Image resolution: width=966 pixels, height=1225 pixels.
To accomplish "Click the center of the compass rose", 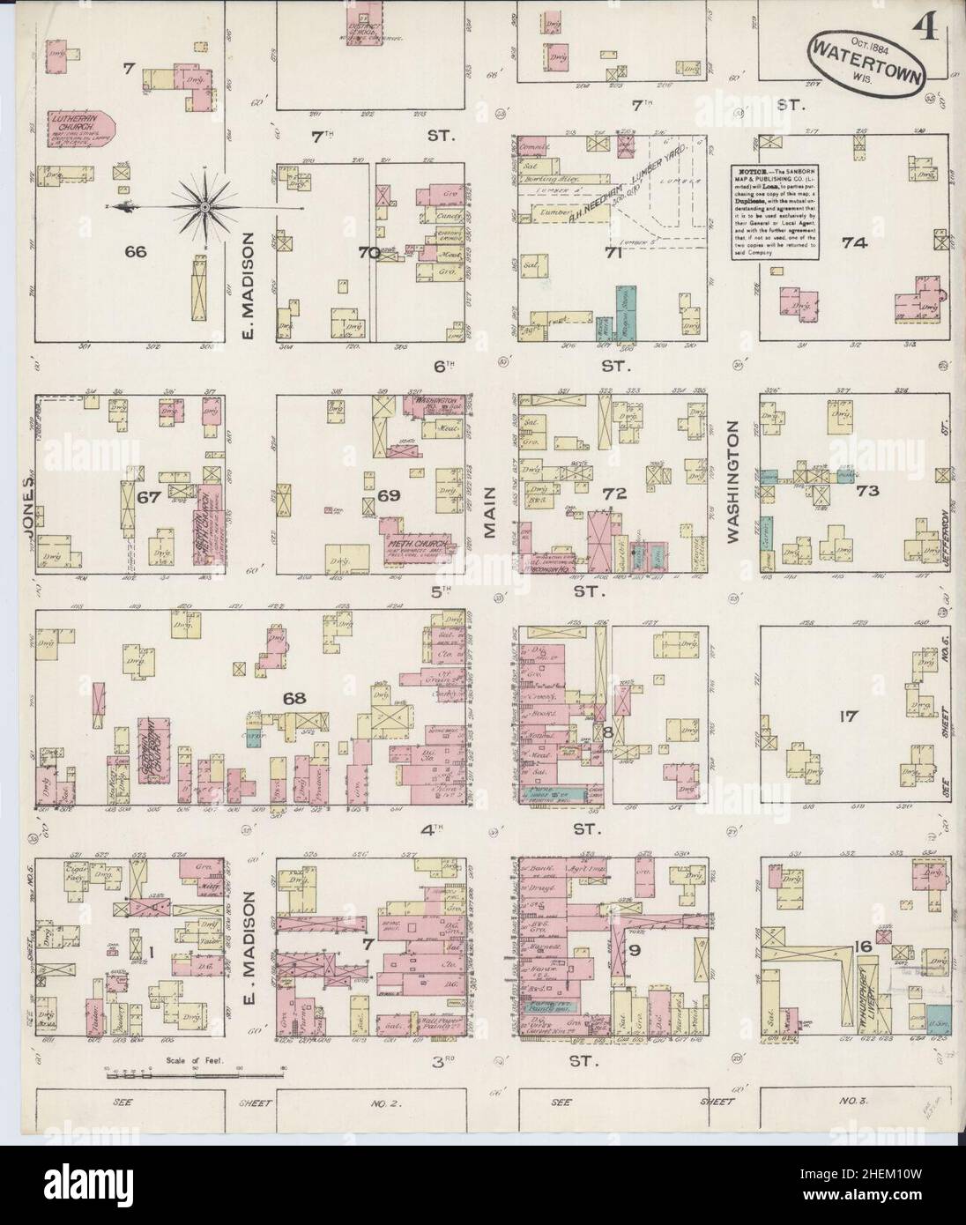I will coord(204,206).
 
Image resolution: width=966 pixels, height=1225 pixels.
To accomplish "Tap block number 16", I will coord(863,948).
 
